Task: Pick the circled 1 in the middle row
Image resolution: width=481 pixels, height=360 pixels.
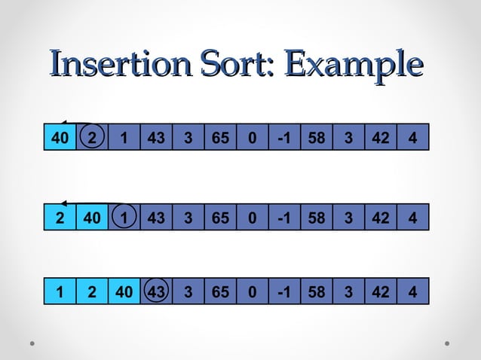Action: click(x=124, y=219)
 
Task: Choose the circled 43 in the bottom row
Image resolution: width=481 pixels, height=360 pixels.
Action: click(x=156, y=292)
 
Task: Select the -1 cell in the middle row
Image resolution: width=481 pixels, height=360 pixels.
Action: click(x=284, y=219)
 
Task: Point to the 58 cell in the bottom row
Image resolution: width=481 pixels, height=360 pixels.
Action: click(x=316, y=292)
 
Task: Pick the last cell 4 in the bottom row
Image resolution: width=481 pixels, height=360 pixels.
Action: click(x=412, y=292)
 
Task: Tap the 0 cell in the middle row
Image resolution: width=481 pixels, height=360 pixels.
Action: click(x=252, y=219)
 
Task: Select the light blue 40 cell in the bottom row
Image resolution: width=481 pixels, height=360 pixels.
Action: click(x=124, y=292)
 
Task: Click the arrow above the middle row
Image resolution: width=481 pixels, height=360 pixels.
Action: click(x=90, y=203)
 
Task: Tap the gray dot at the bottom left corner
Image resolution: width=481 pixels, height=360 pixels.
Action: click(x=33, y=343)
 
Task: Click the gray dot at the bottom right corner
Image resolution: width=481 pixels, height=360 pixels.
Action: click(x=447, y=343)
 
